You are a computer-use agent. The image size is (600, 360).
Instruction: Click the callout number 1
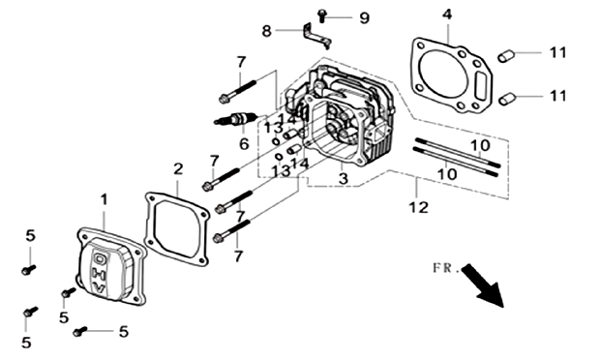point(104,199)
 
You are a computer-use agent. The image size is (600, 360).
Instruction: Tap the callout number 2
point(178,168)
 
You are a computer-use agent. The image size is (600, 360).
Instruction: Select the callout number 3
point(344,178)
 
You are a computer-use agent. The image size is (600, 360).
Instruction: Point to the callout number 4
point(447,15)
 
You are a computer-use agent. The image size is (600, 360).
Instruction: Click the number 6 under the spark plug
point(244,144)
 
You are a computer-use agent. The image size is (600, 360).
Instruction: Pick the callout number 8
point(267,31)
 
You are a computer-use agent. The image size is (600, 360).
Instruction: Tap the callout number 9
point(364,17)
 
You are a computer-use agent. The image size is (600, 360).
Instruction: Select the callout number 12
point(418,207)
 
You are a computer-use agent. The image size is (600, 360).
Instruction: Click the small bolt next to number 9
point(322,16)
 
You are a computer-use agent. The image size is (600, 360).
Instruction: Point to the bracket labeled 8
point(316,36)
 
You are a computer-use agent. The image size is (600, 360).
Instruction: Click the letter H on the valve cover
point(96,272)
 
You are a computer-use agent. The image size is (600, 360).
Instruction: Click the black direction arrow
point(483,285)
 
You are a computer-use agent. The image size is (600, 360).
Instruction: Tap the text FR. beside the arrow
point(446,268)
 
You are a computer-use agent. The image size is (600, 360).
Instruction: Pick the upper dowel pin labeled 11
point(506,56)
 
